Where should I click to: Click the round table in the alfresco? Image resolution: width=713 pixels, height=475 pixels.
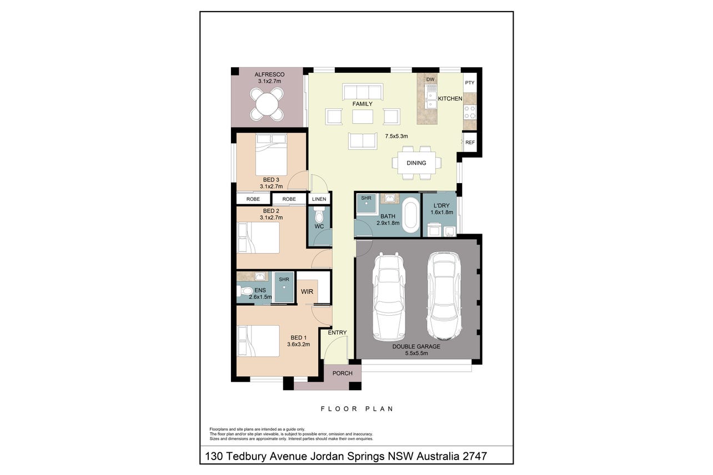(x=267, y=104)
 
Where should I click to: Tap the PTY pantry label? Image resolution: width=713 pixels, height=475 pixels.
(x=469, y=83)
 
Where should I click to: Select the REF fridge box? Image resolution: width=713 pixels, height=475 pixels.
(x=470, y=142)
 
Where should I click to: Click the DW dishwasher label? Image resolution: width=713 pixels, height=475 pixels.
(x=430, y=79)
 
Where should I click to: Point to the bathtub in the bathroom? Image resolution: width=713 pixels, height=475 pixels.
(x=410, y=215)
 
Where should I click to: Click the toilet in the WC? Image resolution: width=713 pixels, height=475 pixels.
(x=319, y=214)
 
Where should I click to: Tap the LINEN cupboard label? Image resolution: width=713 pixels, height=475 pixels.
(x=319, y=199)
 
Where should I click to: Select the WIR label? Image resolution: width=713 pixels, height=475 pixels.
(x=307, y=291)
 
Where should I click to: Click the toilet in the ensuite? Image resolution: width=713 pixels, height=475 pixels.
(x=244, y=291)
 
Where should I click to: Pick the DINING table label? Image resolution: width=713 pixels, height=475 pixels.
(x=416, y=163)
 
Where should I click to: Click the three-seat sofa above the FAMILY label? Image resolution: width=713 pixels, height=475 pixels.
(x=363, y=92)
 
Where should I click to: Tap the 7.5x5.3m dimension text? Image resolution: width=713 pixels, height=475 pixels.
(x=396, y=136)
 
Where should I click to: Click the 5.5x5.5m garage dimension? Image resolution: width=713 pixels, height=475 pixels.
(x=416, y=353)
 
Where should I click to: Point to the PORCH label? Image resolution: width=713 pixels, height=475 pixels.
(x=343, y=373)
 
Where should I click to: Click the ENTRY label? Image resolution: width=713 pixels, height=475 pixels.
(x=337, y=332)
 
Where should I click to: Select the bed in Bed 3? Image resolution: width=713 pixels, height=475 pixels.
(x=271, y=154)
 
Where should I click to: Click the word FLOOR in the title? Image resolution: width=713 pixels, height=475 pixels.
(x=339, y=409)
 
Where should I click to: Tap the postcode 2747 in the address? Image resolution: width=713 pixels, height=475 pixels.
(x=475, y=456)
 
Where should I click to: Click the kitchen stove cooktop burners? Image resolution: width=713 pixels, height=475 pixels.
(x=470, y=112)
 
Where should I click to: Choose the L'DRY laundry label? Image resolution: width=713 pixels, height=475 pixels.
(x=441, y=205)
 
